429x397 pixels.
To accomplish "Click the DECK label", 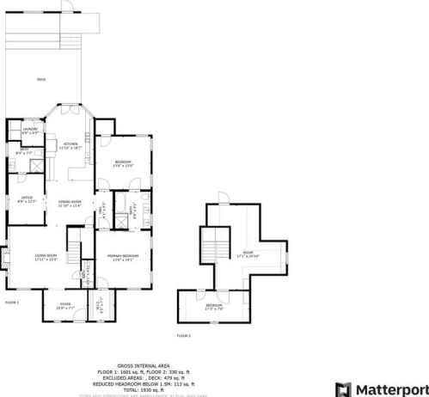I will click(40, 80).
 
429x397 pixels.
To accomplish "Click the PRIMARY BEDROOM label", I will click(123, 256).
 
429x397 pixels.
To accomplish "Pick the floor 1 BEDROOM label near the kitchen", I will click(123, 163).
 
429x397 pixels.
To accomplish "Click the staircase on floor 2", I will click(211, 250).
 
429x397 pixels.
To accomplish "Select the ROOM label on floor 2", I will click(248, 254).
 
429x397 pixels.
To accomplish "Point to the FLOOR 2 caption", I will click(184, 335).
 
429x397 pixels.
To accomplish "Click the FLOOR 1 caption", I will click(12, 302).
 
